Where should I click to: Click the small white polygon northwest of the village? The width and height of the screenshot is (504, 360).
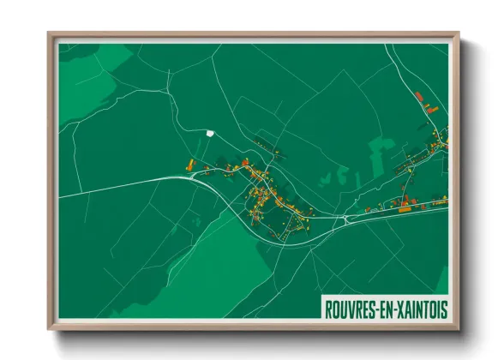209,133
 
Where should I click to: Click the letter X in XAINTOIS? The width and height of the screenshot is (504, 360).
403,308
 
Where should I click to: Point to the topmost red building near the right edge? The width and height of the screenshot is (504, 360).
418,95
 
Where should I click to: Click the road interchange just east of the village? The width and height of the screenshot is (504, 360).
344,219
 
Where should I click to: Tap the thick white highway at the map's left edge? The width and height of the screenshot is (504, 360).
77,193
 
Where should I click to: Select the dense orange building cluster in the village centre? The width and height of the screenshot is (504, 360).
261,193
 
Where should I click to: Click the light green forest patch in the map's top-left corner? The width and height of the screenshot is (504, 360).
86,69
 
